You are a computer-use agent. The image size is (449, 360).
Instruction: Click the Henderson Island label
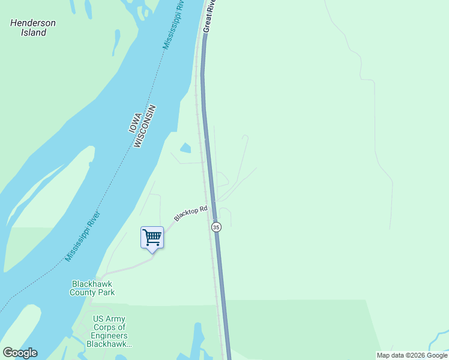[33, 28]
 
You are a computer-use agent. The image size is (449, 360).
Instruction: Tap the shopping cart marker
[152, 237]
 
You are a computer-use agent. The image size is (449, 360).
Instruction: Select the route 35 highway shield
[216, 227]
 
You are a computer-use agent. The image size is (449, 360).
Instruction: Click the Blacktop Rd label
[191, 214]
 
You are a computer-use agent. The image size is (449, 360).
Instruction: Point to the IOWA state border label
[135, 122]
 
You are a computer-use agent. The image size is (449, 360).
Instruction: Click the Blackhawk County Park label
[92, 288]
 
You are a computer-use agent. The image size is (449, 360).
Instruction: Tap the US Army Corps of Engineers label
[109, 331]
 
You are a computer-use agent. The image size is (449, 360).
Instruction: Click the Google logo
[20, 353]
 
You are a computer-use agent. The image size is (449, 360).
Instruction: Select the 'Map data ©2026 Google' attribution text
[412, 355]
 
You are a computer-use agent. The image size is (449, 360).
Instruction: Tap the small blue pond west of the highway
[185, 148]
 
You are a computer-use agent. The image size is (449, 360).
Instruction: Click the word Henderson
[33, 23]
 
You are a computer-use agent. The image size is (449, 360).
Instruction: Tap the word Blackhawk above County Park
[92, 284]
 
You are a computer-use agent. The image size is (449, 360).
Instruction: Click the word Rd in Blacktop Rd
[203, 209]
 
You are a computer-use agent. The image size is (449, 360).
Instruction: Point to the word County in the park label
[83, 293]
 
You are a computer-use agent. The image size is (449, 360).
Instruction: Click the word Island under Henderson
[34, 33]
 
